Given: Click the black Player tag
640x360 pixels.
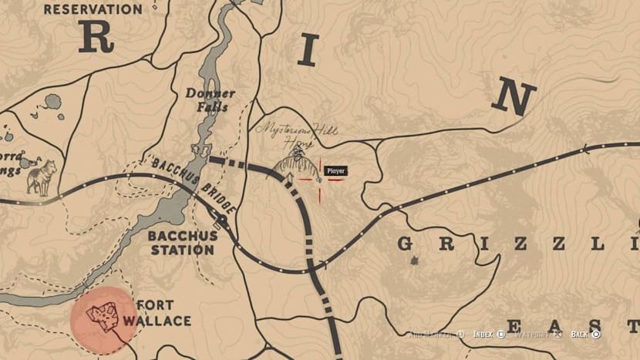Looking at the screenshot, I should (x=335, y=171).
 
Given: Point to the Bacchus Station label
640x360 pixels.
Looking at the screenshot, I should (x=182, y=242).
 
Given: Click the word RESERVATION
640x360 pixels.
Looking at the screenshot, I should (x=93, y=9).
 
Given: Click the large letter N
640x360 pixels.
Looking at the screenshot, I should (x=514, y=99).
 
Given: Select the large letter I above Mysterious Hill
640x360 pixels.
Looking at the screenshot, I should (x=308, y=52).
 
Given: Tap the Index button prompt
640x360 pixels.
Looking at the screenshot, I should (x=488, y=334).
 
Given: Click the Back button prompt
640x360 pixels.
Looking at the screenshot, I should (x=585, y=334).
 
